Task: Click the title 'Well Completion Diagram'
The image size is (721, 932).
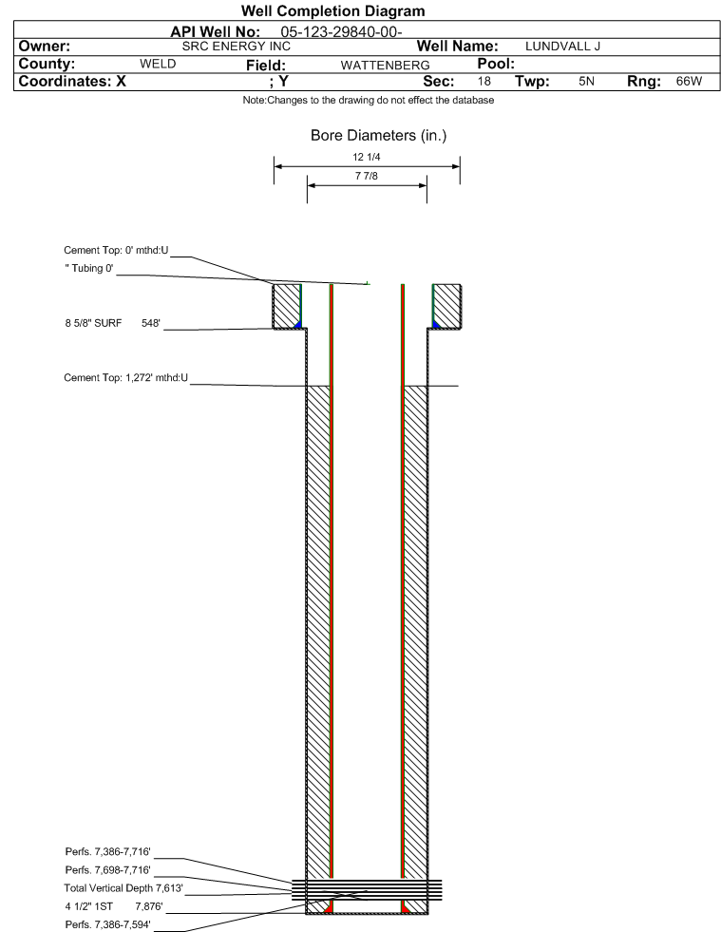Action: click(x=333, y=11)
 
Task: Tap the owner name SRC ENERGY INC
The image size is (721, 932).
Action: click(x=236, y=47)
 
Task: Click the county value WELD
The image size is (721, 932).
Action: click(x=159, y=65)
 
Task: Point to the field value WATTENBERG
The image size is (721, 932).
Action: click(x=378, y=65)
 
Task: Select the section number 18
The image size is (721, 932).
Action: click(x=484, y=82)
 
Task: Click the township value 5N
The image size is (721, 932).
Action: click(x=586, y=82)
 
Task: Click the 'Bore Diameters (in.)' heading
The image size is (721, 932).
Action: click(x=378, y=136)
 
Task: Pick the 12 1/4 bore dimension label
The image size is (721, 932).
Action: click(x=366, y=157)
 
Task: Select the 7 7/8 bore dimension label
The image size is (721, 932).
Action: click(x=366, y=177)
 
